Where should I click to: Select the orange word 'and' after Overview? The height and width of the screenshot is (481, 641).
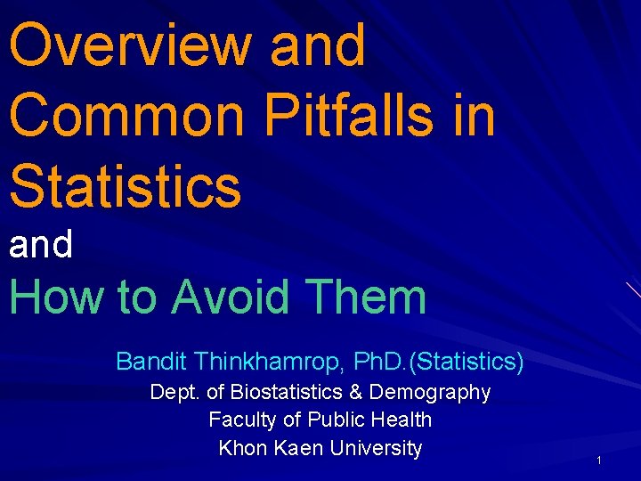coord(318,45)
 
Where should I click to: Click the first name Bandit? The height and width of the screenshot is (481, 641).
coord(151,362)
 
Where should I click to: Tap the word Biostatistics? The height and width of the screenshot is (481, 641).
coord(287,392)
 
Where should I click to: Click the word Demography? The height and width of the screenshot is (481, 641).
coord(430,393)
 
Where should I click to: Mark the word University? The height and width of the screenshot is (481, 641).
coord(376,447)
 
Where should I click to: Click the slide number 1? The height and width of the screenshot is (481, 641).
coord(600,461)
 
